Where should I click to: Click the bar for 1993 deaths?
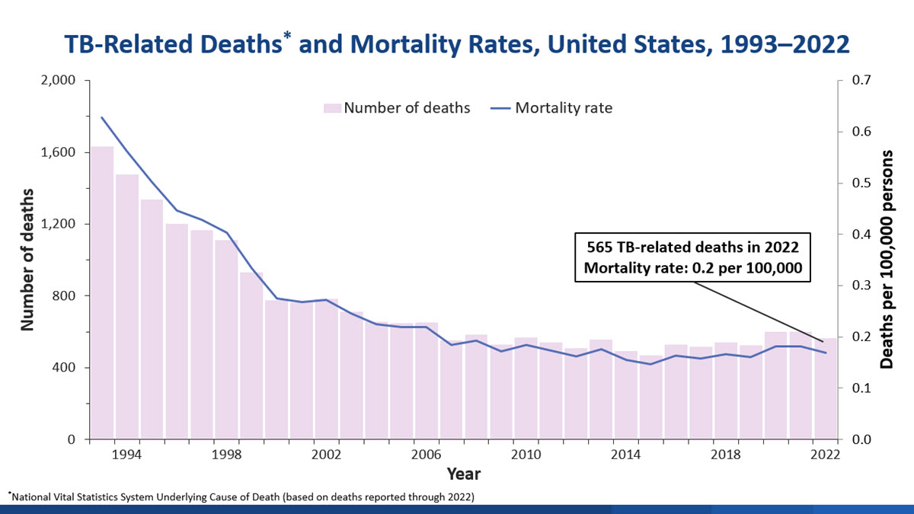(102, 293)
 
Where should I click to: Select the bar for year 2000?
(276, 369)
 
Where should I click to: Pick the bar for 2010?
(526, 388)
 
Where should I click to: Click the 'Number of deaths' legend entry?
(397, 107)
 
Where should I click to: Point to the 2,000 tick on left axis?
(58, 81)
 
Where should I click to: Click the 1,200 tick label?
(58, 224)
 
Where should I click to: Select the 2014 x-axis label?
(626, 455)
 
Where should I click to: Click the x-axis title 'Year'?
(463, 474)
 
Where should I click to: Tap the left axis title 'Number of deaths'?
(28, 259)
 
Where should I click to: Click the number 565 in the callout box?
(600, 248)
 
